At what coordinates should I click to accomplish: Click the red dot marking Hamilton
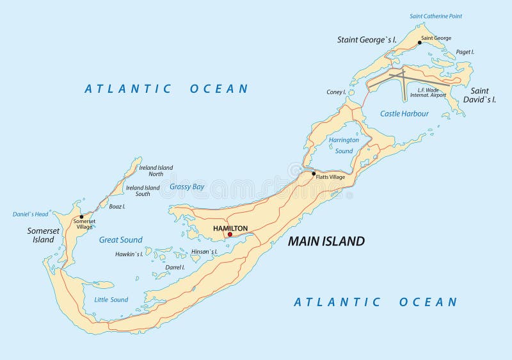[x=230, y=234]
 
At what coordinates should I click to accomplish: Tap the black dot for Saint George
[x=420, y=43]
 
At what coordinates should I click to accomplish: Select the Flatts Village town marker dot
[x=314, y=174]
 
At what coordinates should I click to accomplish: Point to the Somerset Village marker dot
[x=81, y=217]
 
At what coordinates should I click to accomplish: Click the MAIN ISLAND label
[x=326, y=241]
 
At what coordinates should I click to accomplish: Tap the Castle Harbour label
[x=404, y=113]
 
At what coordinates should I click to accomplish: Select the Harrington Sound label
[x=344, y=145]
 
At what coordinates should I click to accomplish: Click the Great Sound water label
[x=120, y=240]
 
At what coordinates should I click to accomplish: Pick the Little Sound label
[x=111, y=300]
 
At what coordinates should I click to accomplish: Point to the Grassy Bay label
[x=187, y=187]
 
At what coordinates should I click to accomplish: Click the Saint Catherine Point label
[x=436, y=16]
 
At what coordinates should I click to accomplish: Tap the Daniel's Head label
[x=30, y=214]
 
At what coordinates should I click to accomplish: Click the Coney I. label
[x=336, y=92]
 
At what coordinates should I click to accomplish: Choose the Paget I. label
[x=464, y=52]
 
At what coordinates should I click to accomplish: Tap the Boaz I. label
[x=116, y=207]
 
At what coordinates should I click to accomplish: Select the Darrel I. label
[x=175, y=267]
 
